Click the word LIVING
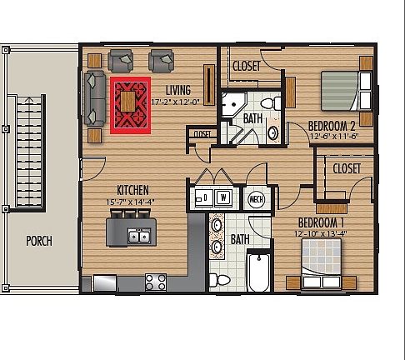click(178, 90)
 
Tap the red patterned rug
click(129, 105)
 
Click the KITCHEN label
click(132, 189)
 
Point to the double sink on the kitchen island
click(138, 237)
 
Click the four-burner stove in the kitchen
click(155, 282)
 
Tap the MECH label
click(257, 200)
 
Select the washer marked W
click(224, 197)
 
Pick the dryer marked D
click(204, 197)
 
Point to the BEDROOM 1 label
click(321, 222)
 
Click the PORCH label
click(38, 242)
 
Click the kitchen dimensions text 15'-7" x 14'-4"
click(133, 201)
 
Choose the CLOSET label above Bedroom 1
click(346, 168)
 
